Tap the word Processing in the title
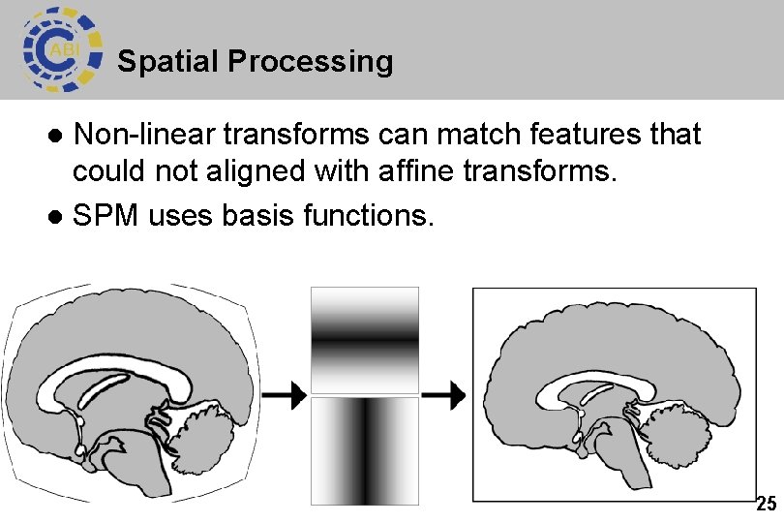click(311, 62)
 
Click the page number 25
click(766, 504)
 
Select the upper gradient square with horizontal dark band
click(364, 339)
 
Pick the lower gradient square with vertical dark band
click(364, 450)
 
